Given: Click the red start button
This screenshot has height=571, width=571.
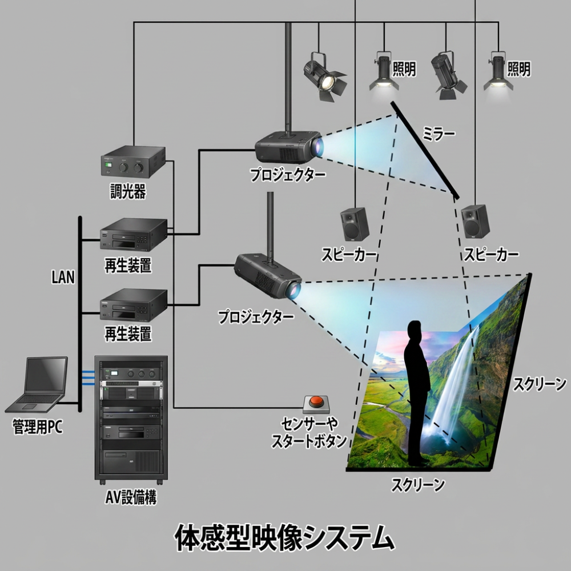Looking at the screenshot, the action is [x=316, y=402].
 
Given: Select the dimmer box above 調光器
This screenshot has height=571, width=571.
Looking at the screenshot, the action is [x=133, y=162].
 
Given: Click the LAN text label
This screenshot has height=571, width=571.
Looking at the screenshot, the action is [x=63, y=277].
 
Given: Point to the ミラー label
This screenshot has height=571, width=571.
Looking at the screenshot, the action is [x=439, y=134].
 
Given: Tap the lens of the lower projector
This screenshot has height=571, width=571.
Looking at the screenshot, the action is [x=293, y=290].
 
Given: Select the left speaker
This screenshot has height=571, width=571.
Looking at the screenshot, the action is [x=355, y=224].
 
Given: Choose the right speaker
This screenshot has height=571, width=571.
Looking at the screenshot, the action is [x=475, y=222].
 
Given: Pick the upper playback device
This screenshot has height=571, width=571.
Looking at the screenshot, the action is [x=133, y=235].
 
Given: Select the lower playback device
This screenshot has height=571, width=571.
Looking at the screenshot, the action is [x=133, y=305].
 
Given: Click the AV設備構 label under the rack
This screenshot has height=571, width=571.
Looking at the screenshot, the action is [x=131, y=497].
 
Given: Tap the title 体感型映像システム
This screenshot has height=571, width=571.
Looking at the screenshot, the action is [x=284, y=537].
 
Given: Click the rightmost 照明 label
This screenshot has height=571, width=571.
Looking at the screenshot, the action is [x=519, y=69].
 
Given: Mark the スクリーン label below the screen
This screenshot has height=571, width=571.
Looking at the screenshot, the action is [x=418, y=485].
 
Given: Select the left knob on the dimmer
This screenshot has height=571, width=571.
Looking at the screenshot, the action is [x=124, y=168].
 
